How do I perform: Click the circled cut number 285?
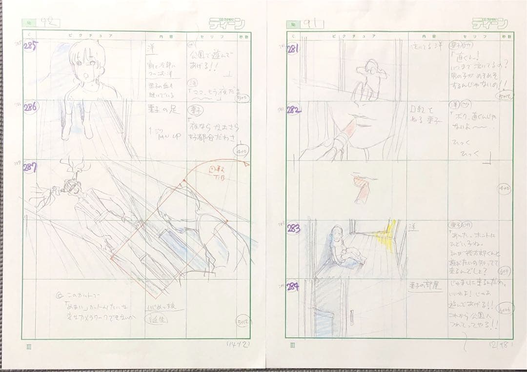[x=31, y=47]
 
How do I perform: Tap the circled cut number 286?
[x=31, y=108]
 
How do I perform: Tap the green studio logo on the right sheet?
[x=490, y=23]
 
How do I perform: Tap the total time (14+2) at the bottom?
[x=237, y=344]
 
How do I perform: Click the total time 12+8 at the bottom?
[x=498, y=343]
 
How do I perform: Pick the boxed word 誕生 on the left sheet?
[x=157, y=319]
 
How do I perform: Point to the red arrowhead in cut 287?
[x=248, y=165]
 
